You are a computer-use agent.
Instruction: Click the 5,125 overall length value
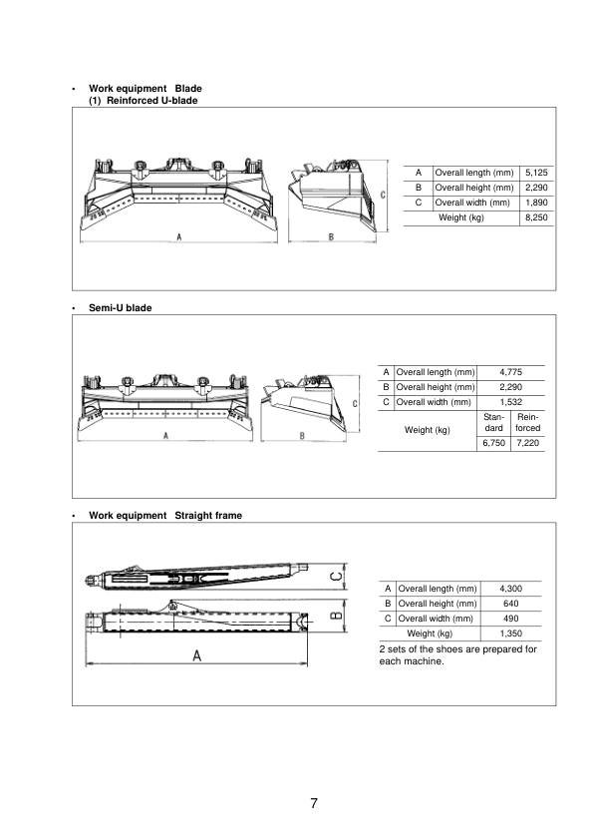coord(536,173)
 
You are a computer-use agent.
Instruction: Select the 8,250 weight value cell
coord(536,216)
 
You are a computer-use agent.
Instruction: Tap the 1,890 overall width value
coord(536,203)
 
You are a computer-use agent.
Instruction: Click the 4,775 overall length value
coord(510,372)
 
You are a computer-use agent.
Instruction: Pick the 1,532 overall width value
coord(510,402)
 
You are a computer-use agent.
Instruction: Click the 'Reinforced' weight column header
coord(527,422)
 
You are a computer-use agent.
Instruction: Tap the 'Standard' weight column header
coord(493,422)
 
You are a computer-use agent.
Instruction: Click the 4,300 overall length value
coord(510,589)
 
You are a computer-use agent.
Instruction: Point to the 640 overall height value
coord(510,604)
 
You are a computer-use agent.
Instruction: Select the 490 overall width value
coord(510,619)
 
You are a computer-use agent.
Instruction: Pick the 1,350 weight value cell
coord(510,633)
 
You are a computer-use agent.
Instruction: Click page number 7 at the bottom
coord(313,804)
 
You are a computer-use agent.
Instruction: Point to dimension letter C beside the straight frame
coord(337,576)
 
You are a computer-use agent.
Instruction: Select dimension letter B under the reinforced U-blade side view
coord(330,236)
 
